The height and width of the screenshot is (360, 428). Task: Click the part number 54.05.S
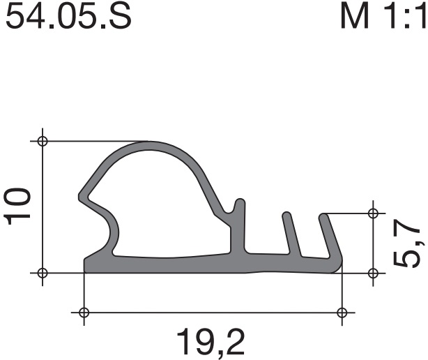(68, 16)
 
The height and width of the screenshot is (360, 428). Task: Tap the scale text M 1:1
(383, 16)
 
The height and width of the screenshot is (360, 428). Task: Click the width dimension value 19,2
(211, 343)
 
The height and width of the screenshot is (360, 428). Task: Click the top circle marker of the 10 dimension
(43, 142)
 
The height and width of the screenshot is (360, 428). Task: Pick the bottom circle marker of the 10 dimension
(43, 273)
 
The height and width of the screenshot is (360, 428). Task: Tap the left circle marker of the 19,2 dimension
(84, 312)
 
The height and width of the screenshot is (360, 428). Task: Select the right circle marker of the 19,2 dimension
(342, 312)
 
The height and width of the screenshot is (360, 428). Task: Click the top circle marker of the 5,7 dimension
(373, 213)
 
